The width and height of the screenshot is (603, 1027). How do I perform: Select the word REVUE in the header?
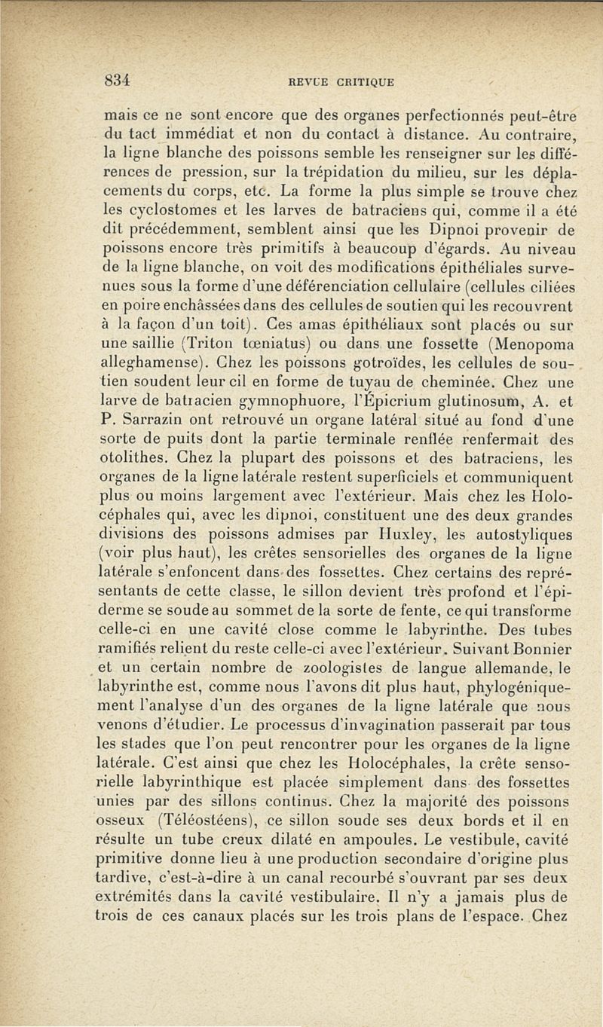317,81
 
